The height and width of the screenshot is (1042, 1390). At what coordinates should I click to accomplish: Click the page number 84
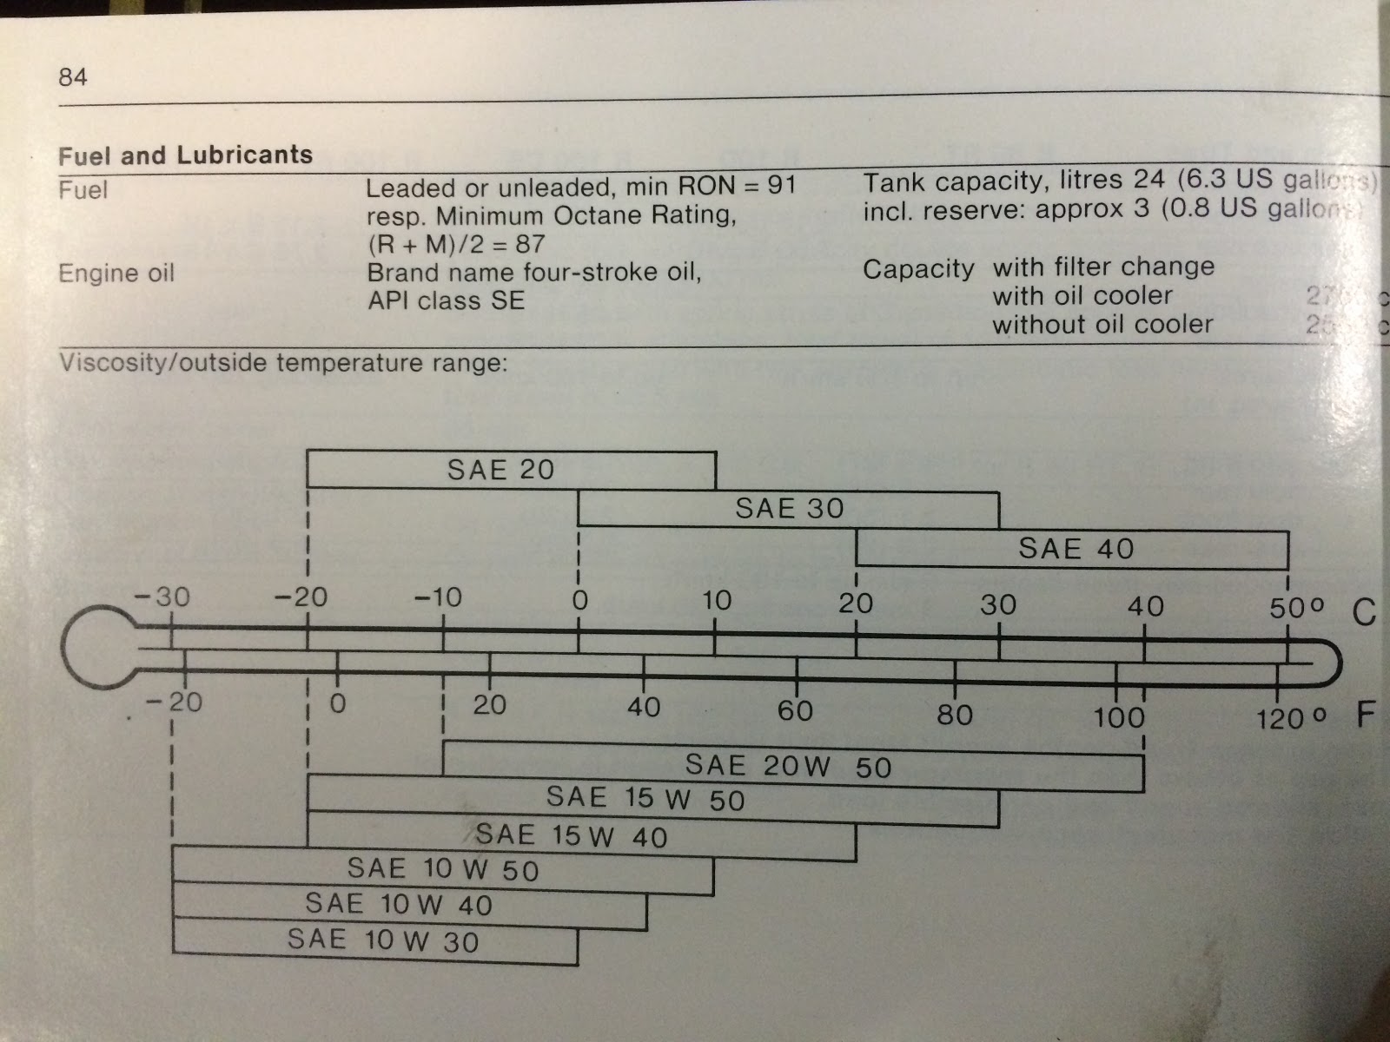73,77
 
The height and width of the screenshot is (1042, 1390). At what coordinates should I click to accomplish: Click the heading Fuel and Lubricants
185,155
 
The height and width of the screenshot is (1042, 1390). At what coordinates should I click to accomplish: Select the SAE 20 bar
511,470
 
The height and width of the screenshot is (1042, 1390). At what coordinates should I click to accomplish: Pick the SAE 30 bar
788,508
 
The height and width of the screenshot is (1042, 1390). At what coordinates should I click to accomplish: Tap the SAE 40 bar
1072,549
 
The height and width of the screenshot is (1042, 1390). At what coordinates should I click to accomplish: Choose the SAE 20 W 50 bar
792,766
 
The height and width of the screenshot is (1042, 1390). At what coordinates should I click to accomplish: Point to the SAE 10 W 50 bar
443,870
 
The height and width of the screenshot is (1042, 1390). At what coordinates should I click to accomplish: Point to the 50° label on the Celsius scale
1296,608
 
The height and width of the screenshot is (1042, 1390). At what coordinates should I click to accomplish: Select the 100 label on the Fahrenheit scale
1118,717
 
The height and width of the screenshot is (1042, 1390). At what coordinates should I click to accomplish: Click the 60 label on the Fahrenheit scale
795,711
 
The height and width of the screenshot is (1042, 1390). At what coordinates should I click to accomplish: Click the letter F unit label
1366,716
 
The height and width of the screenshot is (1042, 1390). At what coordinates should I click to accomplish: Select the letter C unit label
1364,613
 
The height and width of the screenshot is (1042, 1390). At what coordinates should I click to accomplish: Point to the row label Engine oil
116,274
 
